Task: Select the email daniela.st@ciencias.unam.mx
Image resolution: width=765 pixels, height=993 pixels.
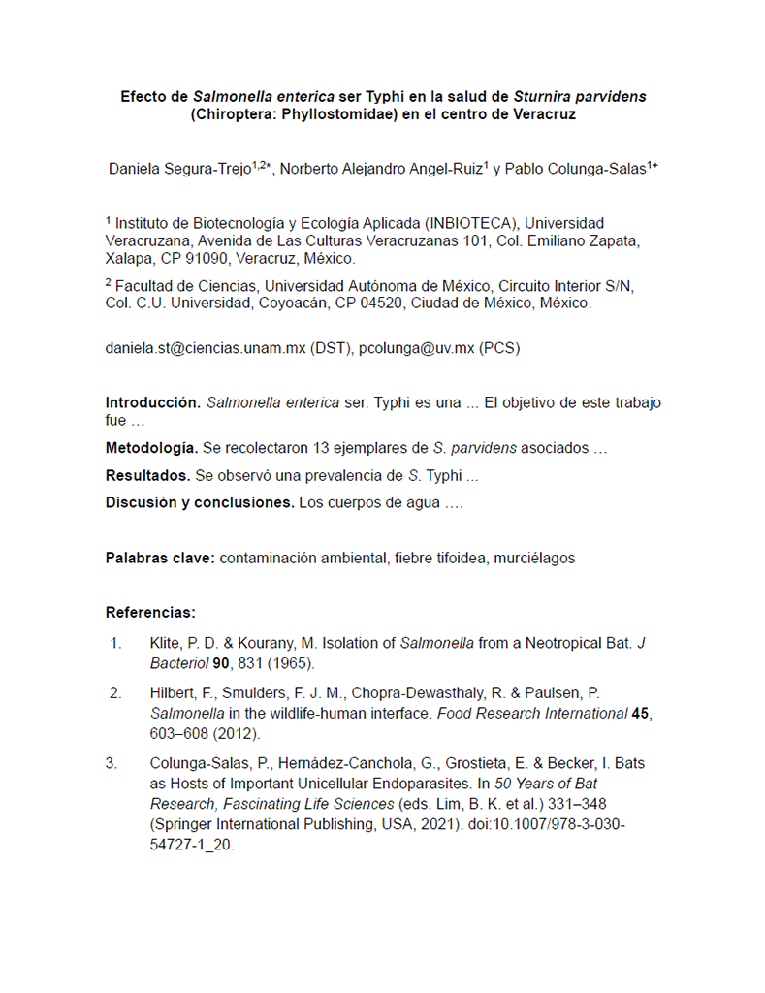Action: pyautogui.click(x=205, y=349)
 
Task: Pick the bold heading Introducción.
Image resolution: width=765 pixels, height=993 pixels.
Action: pyautogui.click(x=153, y=402)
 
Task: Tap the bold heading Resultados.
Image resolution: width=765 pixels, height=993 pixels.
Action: pyautogui.click(x=147, y=476)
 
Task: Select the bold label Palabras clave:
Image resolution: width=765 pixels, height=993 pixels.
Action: pyautogui.click(x=160, y=558)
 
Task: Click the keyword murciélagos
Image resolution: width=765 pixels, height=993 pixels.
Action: pyautogui.click(x=530, y=558)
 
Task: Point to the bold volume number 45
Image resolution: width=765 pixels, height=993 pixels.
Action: pyautogui.click(x=640, y=713)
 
